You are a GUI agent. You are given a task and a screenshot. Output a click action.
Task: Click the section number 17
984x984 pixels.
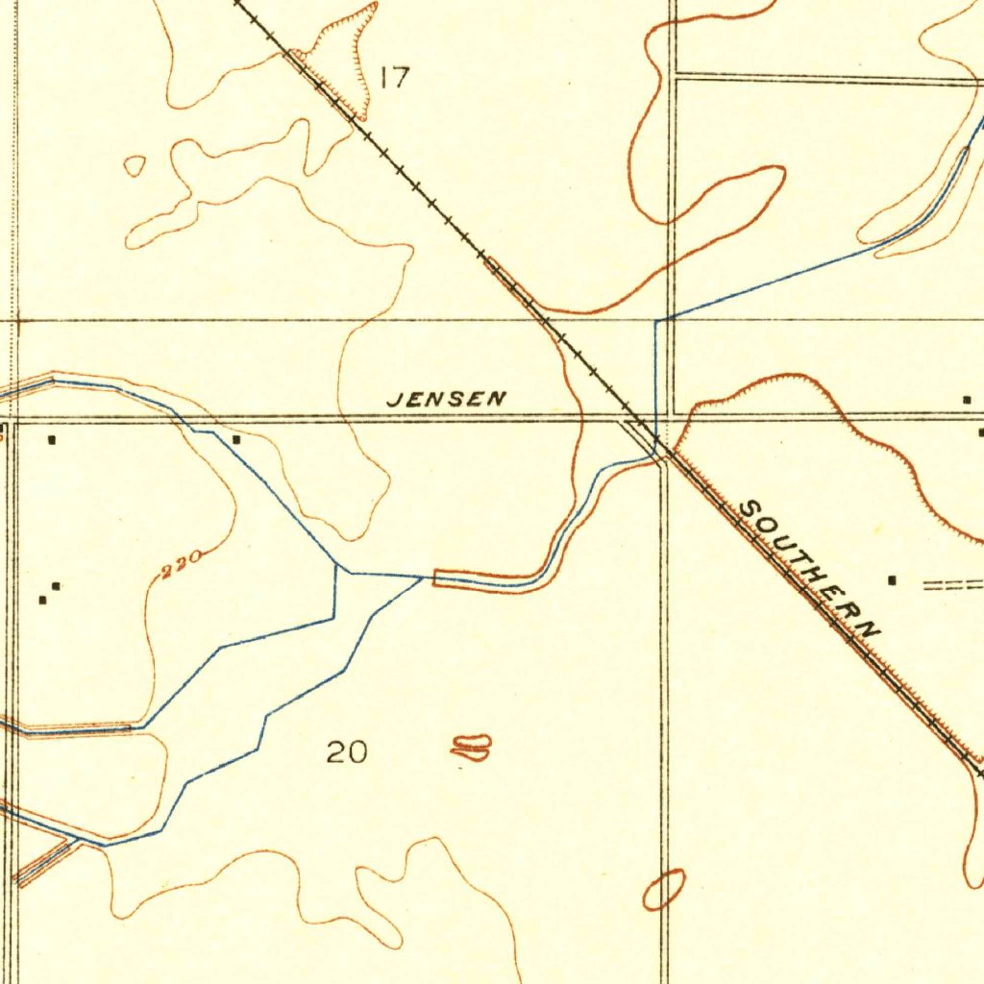(395, 78)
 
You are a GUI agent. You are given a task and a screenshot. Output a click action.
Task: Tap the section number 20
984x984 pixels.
(347, 752)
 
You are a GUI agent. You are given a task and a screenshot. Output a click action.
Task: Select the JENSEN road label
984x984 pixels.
(446, 399)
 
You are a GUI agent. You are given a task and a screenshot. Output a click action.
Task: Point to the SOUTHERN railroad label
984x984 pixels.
(810, 570)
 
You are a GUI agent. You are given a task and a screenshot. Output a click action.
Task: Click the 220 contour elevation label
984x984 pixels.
(182, 564)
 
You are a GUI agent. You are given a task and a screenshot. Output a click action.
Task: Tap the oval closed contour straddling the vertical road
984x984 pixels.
(664, 889)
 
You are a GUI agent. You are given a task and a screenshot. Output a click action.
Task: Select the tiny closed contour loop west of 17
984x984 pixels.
(135, 165)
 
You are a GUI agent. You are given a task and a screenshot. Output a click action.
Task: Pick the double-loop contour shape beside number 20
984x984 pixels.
(471, 748)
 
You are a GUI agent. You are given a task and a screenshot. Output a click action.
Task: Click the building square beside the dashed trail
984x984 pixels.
(893, 580)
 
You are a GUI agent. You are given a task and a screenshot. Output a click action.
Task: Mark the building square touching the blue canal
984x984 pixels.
(236, 439)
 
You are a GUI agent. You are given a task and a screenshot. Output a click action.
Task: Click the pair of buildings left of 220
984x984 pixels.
(49, 593)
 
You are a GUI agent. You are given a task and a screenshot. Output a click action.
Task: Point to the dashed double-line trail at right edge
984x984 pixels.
(953, 583)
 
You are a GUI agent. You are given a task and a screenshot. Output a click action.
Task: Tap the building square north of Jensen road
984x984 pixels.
(967, 399)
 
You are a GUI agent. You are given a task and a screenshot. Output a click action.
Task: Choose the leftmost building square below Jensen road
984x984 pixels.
(52, 439)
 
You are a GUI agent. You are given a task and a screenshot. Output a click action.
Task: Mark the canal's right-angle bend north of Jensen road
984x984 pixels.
(656, 321)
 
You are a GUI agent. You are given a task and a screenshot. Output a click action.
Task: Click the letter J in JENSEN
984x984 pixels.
(392, 400)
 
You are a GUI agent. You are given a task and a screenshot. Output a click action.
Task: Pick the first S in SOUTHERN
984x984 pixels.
(749, 506)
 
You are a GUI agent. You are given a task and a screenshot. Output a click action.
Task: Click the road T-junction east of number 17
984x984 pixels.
(674, 75)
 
